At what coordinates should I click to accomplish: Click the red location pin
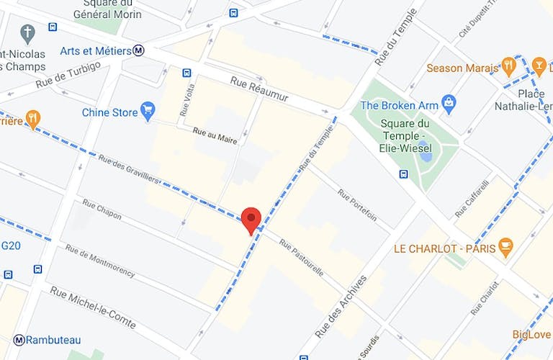[x=251, y=217]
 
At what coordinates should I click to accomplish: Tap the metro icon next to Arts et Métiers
[x=139, y=50]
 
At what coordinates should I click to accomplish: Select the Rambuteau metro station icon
[x=19, y=340]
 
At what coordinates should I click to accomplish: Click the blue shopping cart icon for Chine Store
[x=148, y=112]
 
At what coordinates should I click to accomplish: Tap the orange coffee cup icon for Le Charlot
[x=505, y=248]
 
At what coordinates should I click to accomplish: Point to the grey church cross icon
[x=27, y=34]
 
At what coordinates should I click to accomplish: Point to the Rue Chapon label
[x=102, y=211]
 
